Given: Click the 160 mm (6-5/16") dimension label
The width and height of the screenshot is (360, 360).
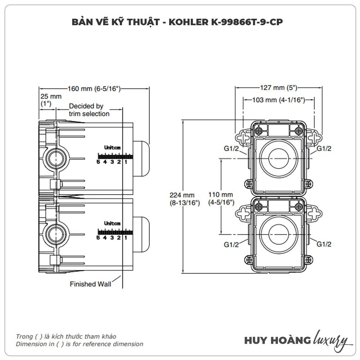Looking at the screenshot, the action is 94,89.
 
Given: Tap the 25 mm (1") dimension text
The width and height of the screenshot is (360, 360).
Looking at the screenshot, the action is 51,100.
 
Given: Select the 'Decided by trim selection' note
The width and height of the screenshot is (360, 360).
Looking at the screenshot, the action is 89,110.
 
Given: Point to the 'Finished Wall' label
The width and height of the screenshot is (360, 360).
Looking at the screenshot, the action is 90,284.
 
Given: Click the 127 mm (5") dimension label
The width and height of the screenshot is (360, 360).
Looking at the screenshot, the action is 279,87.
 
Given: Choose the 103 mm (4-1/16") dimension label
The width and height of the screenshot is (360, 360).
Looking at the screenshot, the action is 279,100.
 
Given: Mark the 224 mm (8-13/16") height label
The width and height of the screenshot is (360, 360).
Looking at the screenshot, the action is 185,199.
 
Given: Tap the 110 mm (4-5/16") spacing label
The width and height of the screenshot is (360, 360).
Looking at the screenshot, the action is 221,198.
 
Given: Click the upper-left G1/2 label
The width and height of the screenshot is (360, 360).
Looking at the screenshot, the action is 231,149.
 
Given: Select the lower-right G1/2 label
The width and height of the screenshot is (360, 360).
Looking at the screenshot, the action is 324,244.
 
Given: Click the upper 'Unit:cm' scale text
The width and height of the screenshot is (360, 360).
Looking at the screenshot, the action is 112,147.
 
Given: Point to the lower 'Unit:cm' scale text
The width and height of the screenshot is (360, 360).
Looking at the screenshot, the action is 112,223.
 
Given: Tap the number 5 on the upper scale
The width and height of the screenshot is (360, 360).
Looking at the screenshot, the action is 98,162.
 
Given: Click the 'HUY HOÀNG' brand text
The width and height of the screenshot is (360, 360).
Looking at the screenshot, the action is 277,340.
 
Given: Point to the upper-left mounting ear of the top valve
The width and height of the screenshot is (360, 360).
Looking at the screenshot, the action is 242,138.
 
